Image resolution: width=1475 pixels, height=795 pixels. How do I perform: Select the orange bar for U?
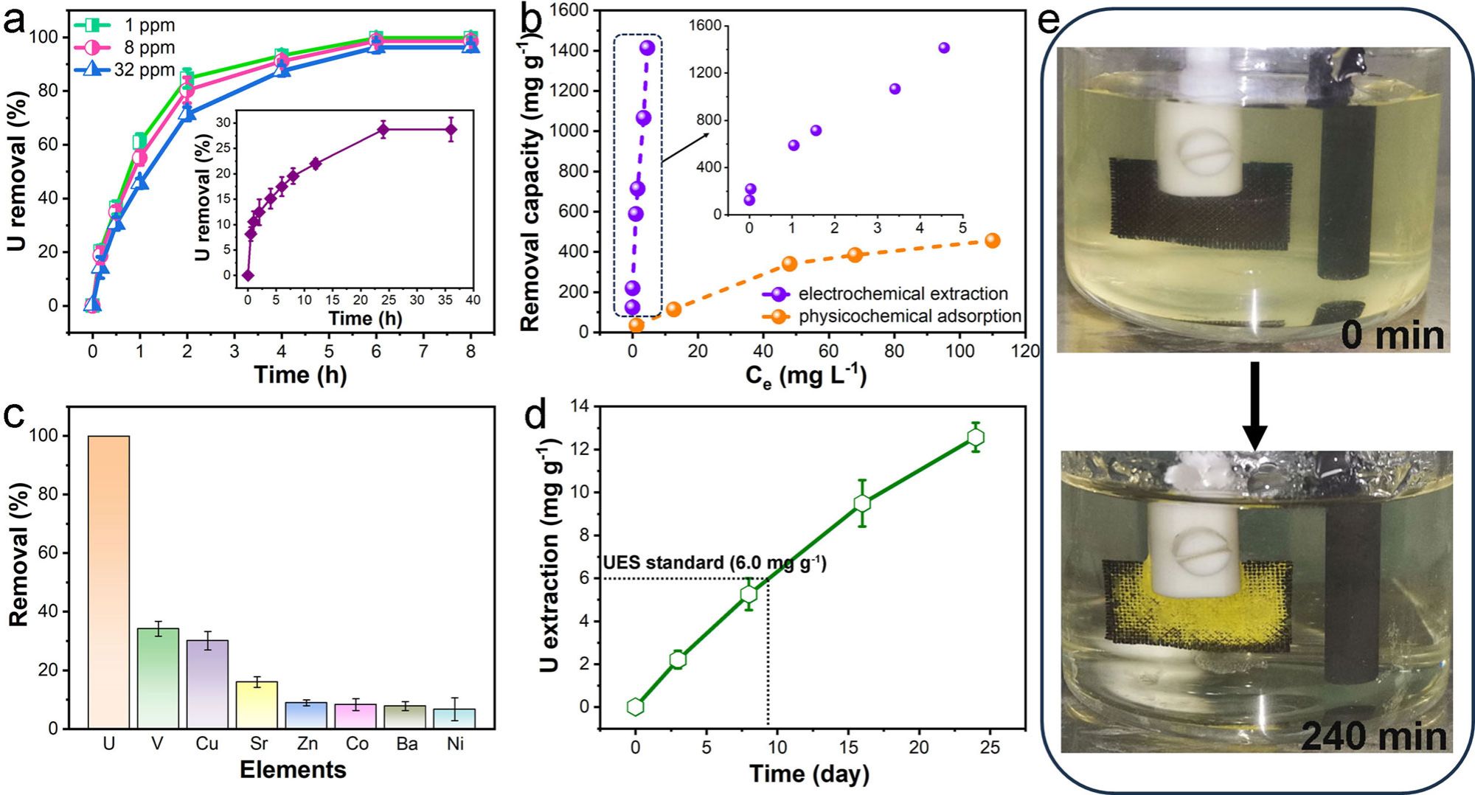(x=108, y=582)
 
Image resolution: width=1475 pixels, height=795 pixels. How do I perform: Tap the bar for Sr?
(x=257, y=704)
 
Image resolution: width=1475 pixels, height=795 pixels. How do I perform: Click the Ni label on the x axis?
(x=455, y=743)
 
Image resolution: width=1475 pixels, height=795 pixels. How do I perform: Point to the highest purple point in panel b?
(x=648, y=48)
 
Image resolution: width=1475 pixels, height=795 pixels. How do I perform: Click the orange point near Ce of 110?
(x=993, y=240)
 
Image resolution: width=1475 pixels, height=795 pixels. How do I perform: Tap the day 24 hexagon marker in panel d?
(x=976, y=437)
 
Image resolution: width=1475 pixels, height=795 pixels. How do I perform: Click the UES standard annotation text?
(x=714, y=563)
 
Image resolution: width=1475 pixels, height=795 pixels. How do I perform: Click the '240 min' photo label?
(x=1373, y=735)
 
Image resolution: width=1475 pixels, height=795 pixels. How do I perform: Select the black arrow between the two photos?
(x=1254, y=406)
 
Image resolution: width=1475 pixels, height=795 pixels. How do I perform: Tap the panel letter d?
(x=535, y=416)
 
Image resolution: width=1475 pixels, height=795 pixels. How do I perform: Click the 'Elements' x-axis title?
(x=293, y=770)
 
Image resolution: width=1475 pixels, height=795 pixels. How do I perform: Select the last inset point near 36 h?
(x=451, y=130)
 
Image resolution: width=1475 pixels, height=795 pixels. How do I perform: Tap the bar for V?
(x=158, y=678)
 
